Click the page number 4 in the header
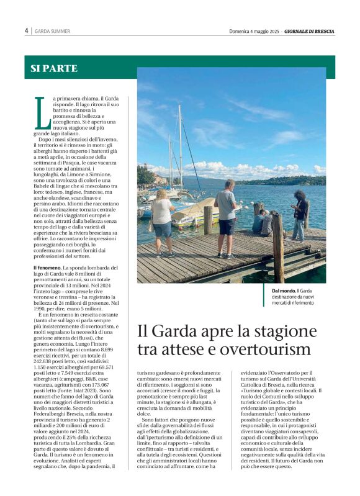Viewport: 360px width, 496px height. point(27,30)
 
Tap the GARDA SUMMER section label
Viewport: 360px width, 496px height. point(52,31)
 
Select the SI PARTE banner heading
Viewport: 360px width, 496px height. point(54,69)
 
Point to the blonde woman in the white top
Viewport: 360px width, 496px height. point(163,221)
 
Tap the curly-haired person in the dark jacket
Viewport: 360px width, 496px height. point(300,214)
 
